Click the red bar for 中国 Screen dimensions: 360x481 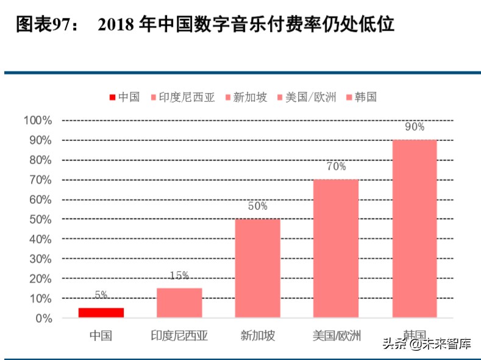pyautogui.click(x=101, y=312)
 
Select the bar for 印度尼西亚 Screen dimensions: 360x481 pyautogui.click(x=179, y=303)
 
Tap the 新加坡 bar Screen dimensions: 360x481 pyautogui.click(x=258, y=268)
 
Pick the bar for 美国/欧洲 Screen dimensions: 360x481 pyautogui.click(x=336, y=248)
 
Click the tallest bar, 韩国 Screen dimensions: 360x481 pyautogui.click(x=415, y=229)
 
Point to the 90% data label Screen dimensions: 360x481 pyautogui.click(x=415, y=127)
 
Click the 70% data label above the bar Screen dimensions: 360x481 pyautogui.click(x=336, y=167)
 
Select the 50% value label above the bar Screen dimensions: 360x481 pyautogui.click(x=258, y=206)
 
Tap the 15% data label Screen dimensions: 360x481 pyautogui.click(x=179, y=275)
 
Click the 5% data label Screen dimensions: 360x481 pyautogui.click(x=101, y=295)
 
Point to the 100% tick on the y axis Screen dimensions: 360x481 pyautogui.click(x=38, y=120)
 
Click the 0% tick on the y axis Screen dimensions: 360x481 pyautogui.click(x=44, y=319)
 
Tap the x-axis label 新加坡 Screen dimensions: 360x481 pyautogui.click(x=258, y=335)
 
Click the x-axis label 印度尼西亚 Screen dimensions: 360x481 pyautogui.click(x=179, y=335)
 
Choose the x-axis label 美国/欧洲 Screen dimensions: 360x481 pyautogui.click(x=336, y=335)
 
